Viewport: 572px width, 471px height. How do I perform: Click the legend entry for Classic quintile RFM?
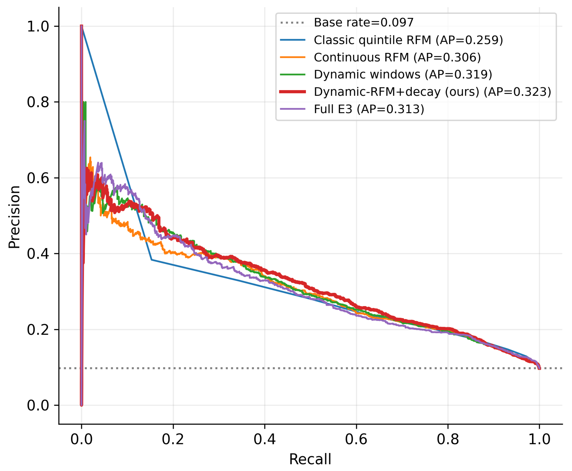tap(408, 40)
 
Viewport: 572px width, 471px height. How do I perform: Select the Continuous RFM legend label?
tap(397, 58)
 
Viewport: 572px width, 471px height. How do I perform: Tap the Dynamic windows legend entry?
tap(403, 75)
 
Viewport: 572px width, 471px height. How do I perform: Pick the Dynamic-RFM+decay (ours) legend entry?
tap(432, 92)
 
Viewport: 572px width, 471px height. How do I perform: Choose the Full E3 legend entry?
tap(369, 109)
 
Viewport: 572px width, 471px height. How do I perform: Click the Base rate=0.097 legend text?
tap(364, 22)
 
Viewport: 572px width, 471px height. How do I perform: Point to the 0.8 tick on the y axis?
tap(38, 102)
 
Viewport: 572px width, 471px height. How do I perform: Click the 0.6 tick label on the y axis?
tap(38, 178)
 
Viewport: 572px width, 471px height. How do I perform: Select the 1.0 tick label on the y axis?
tap(38, 26)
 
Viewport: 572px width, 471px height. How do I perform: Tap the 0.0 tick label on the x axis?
tap(81, 439)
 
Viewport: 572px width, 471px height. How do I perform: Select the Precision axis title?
tap(14, 217)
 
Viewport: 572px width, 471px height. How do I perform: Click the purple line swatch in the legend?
tap(292, 109)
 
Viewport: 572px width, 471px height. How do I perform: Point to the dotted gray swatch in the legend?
tap(292, 22)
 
